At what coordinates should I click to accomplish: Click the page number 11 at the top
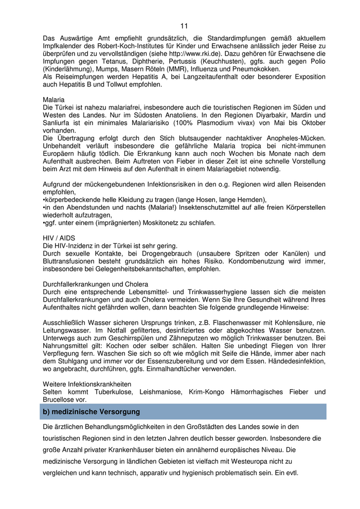click(184, 26)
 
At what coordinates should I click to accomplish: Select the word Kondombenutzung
click(264, 261)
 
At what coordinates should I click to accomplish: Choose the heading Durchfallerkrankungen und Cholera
click(95, 284)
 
